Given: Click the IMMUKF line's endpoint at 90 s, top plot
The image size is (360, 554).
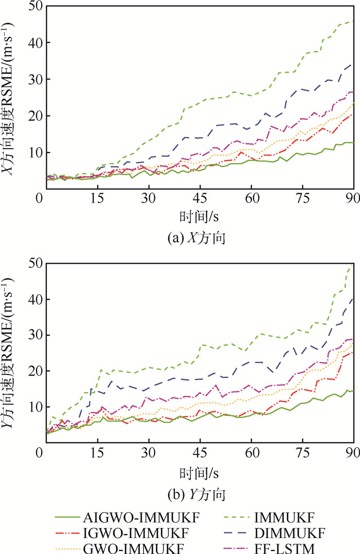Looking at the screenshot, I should (x=353, y=21).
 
